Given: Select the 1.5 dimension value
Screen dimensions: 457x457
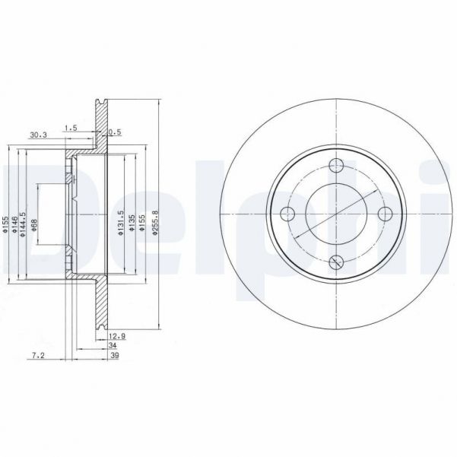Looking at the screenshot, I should click(x=71, y=127).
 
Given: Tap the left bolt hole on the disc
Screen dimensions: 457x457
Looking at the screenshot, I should click(x=287, y=214).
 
